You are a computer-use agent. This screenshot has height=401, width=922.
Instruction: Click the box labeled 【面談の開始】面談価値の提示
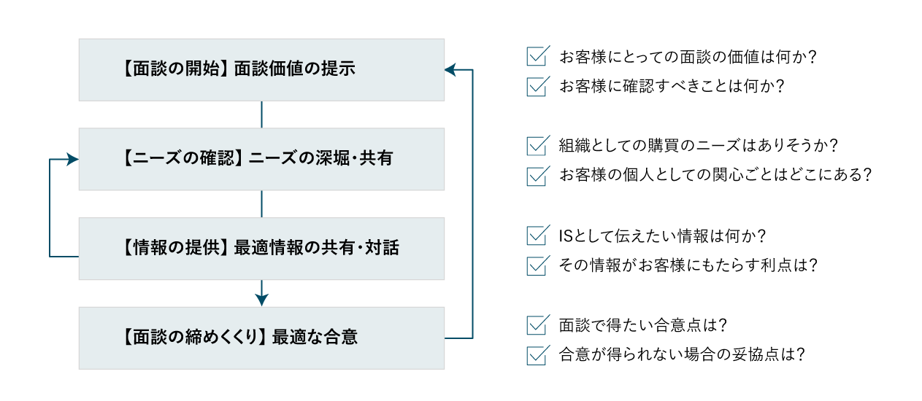coord(261,70)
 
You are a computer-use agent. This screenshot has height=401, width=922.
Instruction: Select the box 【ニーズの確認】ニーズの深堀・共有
coord(261,159)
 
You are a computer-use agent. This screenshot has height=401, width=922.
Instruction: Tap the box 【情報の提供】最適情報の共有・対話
coord(261,249)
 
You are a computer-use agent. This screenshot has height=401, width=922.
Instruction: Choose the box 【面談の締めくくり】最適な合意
coord(261,338)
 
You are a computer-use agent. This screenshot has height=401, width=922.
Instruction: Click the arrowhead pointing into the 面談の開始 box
coord(450,70)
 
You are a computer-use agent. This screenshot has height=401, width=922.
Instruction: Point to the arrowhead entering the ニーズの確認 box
coord(73,159)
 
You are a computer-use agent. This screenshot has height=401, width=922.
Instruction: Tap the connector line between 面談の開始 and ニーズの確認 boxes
coord(261,114)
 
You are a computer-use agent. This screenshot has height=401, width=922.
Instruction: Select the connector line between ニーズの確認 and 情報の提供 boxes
coord(261,204)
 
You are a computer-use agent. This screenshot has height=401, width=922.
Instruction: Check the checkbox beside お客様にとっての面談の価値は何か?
coord(537,56)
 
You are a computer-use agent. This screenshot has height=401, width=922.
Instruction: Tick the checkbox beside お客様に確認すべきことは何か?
coord(537,86)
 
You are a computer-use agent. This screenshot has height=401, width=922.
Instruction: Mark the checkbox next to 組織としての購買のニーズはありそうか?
coord(537,146)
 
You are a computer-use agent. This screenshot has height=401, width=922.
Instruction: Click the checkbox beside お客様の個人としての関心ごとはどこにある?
coord(537,176)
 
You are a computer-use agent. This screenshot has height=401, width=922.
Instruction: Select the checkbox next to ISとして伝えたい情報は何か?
coord(537,235)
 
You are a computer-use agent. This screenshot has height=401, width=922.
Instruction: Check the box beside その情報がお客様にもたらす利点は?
coord(537,265)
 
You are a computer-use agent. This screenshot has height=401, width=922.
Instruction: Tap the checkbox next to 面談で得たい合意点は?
coord(537,325)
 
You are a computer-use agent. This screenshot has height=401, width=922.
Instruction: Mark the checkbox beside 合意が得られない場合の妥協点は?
coord(537,355)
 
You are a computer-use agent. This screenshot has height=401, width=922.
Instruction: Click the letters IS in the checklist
coord(566,236)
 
